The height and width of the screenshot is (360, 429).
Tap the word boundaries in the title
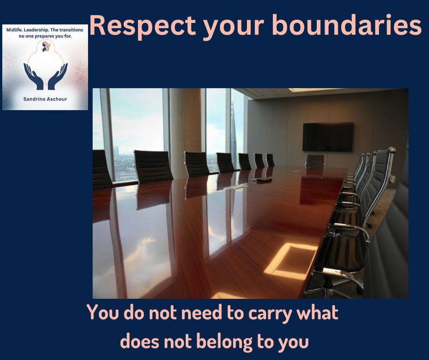(347, 25)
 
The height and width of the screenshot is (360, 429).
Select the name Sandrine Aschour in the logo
(45, 99)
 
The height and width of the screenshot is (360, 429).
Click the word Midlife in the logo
(14, 30)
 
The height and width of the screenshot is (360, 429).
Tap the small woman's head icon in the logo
(46, 47)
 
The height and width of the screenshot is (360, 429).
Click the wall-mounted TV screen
(328, 137)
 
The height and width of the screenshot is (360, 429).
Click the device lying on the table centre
(262, 180)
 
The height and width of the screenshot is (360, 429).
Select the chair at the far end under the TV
(314, 160)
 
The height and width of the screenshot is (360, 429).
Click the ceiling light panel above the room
(314, 90)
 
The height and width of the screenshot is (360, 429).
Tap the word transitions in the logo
(71, 30)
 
